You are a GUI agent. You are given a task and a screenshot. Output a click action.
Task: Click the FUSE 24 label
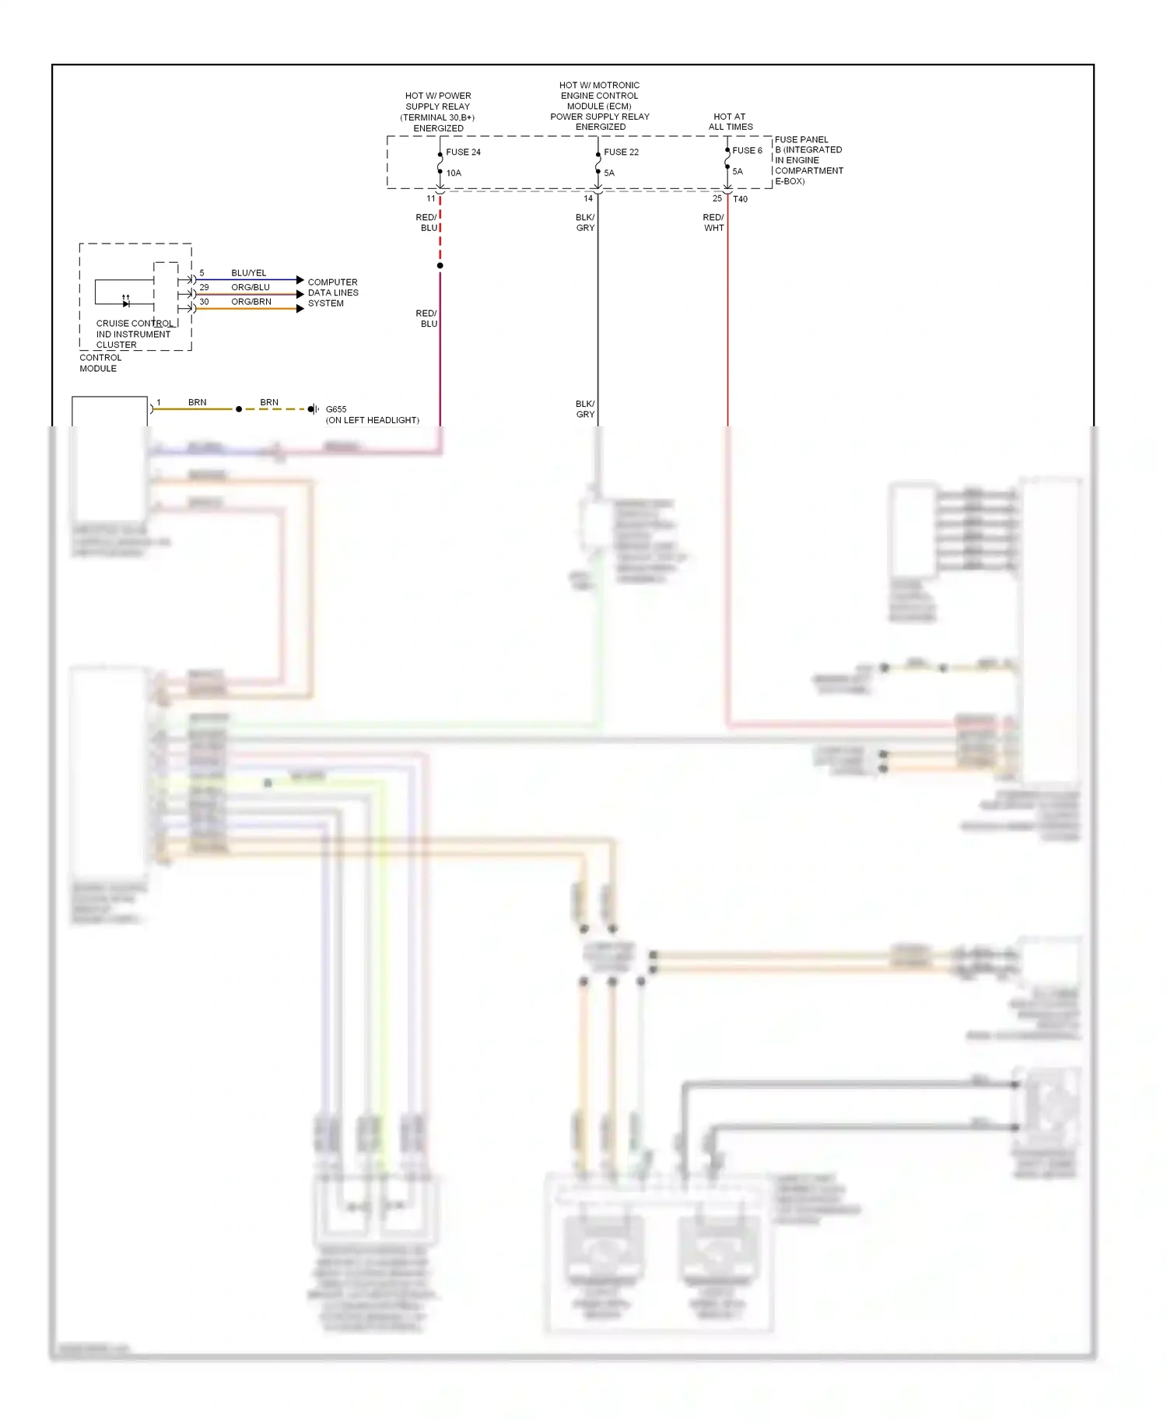click(463, 152)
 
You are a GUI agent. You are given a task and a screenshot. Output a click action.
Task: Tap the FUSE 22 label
click(621, 152)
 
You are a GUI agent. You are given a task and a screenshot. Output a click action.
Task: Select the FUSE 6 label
click(747, 151)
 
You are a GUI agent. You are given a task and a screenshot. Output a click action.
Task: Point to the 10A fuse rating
click(454, 173)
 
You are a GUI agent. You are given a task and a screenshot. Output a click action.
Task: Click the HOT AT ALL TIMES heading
click(730, 122)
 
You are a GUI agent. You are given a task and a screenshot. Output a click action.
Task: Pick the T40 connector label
click(740, 199)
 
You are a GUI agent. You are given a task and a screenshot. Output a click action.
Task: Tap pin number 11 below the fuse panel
click(431, 199)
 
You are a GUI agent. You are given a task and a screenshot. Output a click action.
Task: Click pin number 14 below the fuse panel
click(588, 199)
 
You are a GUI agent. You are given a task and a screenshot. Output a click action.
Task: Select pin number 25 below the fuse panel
click(717, 199)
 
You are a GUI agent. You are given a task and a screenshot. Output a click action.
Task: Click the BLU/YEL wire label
click(248, 273)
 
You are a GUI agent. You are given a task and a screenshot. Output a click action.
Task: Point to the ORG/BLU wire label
click(251, 288)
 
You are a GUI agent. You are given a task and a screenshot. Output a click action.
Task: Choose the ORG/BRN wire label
click(251, 302)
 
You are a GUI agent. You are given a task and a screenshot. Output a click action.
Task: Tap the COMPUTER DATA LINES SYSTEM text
click(333, 293)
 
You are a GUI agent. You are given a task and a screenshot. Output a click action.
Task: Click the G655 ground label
click(336, 409)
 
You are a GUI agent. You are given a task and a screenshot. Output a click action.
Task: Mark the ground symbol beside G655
click(313, 409)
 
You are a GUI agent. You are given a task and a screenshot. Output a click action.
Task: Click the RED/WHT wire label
click(713, 223)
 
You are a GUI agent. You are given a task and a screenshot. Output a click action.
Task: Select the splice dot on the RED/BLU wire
click(440, 266)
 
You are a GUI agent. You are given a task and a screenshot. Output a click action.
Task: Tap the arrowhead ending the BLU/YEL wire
click(300, 280)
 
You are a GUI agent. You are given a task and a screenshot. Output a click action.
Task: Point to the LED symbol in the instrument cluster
click(126, 302)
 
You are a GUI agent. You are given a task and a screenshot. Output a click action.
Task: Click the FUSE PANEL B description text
click(808, 160)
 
